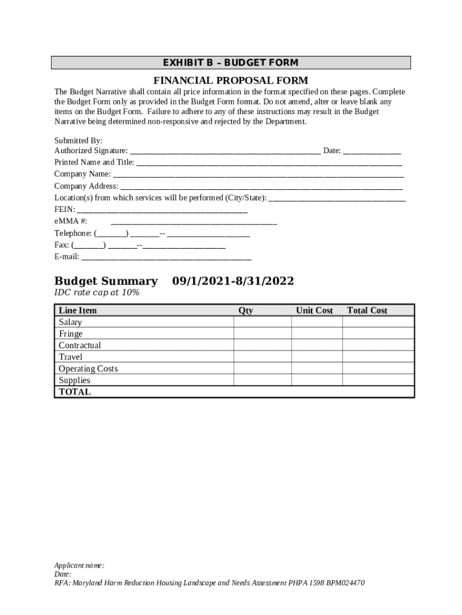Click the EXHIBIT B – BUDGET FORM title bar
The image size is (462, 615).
point(231,63)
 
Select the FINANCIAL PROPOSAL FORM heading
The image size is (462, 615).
point(231,80)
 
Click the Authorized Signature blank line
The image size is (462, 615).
point(225,151)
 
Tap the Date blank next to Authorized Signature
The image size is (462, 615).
point(372,151)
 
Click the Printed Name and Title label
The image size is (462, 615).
point(94,163)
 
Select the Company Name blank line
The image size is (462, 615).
point(258,175)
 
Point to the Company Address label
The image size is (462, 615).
point(86,186)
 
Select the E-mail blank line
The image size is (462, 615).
point(166,257)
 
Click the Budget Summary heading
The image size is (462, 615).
point(106,282)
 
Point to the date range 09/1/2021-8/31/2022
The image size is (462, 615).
point(233,282)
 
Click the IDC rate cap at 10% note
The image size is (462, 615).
point(97,292)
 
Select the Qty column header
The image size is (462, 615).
point(245,311)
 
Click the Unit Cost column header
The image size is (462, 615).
point(314,311)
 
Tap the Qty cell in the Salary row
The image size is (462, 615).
point(262,323)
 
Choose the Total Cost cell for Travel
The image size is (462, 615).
point(377,357)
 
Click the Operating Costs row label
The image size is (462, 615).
point(88,369)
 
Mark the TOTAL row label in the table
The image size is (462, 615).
point(75,392)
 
